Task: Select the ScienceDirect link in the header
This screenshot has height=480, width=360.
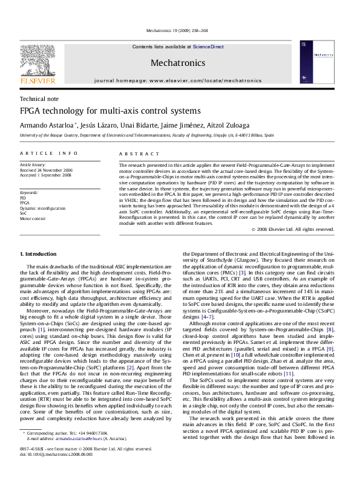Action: [208, 47]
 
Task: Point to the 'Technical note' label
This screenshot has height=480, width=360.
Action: [39, 99]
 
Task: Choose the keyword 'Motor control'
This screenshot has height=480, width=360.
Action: [32, 218]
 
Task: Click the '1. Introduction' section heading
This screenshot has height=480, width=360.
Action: [39, 254]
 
